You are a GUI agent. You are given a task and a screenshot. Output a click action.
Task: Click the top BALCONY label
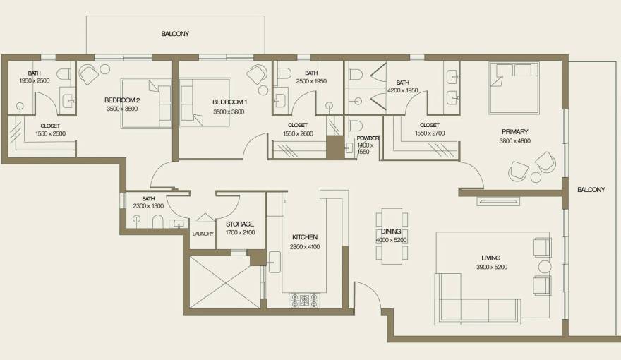coord(175,34)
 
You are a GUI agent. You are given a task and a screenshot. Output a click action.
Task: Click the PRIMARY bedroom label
coord(514,132)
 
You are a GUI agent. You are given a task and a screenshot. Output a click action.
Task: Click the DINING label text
coord(392,232)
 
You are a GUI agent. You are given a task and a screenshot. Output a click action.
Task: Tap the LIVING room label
coord(491,258)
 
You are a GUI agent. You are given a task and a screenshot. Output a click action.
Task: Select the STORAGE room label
coord(240,224)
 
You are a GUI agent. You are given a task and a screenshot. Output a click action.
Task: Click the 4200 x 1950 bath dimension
coord(403,90)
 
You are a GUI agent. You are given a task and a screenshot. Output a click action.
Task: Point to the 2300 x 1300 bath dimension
coord(148,206)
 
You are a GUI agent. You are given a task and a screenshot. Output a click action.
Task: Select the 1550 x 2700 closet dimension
coord(429,133)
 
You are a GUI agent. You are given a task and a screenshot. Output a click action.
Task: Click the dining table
coord(392,236)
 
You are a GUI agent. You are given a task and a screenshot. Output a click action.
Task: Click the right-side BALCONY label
coord(591,190)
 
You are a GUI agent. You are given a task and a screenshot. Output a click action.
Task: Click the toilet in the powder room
coord(356,127)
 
